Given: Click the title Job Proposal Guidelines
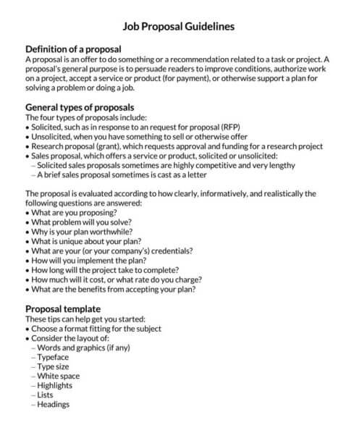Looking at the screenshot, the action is (x=178, y=26).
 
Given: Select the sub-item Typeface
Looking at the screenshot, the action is (x=54, y=357).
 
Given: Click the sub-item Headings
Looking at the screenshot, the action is (x=54, y=405).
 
